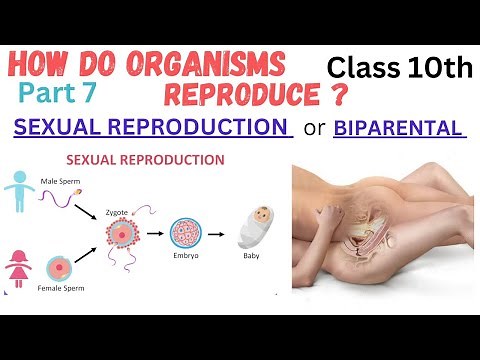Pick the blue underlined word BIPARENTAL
[x=400, y=129]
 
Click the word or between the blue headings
[x=312, y=130]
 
